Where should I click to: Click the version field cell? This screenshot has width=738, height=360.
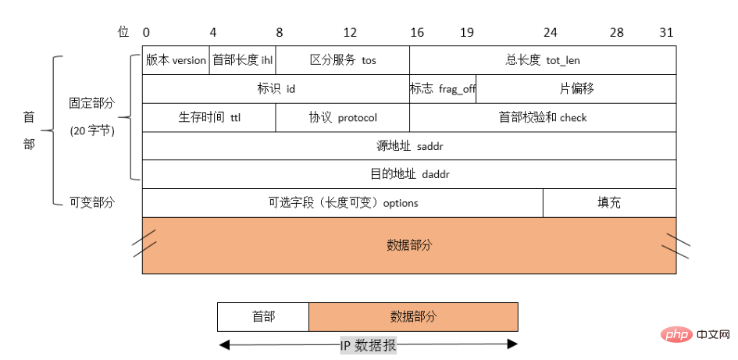pos(176,60)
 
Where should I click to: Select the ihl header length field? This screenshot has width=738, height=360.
pos(242,60)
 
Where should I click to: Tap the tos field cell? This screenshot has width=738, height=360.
pos(343,60)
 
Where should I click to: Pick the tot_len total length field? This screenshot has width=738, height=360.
pos(543,60)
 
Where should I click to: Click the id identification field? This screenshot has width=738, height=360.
pos(276,89)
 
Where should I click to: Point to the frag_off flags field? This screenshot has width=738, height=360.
pos(443,89)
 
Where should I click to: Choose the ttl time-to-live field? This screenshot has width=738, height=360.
pos(209,117)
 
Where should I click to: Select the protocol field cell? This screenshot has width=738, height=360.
pos(343,117)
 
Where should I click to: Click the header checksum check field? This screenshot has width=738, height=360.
pos(543,117)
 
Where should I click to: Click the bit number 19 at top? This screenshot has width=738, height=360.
pos(467,33)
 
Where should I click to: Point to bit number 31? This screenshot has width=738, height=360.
pos(666,33)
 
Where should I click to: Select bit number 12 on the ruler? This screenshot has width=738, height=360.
pos(350,33)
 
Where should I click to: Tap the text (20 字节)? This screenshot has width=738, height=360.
pos(92,131)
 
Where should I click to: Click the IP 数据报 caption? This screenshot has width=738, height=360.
pos(369,345)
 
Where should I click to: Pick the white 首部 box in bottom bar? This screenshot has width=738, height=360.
pos(263,317)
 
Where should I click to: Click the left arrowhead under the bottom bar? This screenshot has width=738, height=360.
pos(224,345)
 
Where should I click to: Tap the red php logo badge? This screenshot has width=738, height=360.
pos(676,335)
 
